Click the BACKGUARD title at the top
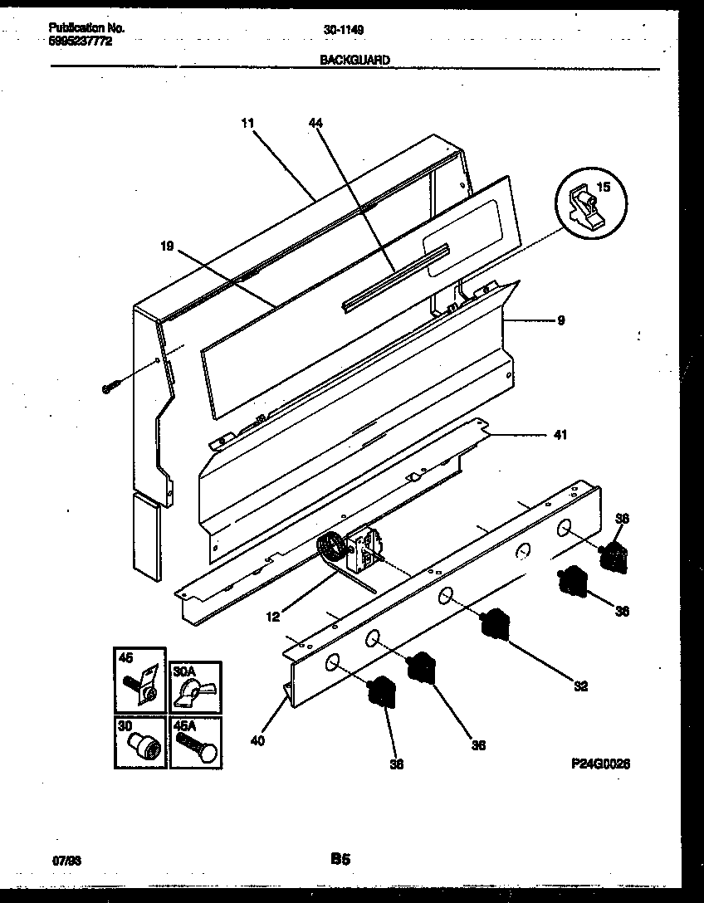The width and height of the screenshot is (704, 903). (354, 60)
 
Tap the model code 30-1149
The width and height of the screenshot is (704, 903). (343, 29)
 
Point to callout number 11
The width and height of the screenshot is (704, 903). (247, 123)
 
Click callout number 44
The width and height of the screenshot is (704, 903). (315, 123)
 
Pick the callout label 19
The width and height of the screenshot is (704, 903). (168, 246)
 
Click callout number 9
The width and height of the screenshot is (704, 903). (560, 320)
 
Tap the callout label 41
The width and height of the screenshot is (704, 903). (560, 434)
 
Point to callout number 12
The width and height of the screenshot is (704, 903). (274, 616)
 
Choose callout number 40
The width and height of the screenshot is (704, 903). (257, 741)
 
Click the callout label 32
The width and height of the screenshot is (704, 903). (580, 686)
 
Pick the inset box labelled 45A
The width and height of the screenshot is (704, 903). (195, 742)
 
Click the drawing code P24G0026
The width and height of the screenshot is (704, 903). (600, 765)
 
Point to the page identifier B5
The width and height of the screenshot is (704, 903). (340, 861)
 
